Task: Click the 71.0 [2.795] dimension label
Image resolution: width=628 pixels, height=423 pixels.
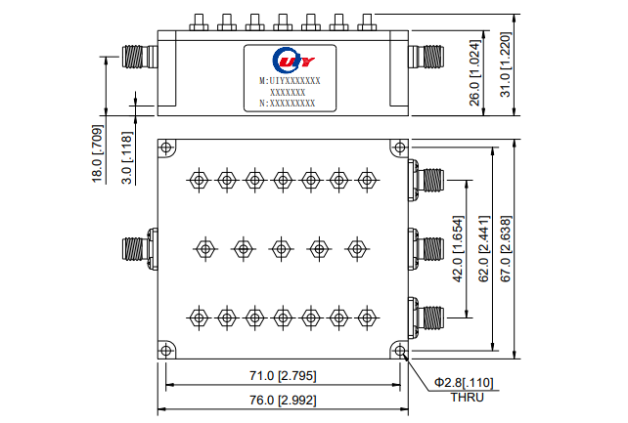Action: click(283, 376)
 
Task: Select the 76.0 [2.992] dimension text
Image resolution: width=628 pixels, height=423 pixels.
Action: click(283, 401)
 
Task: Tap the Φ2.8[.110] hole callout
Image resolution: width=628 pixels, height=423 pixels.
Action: click(465, 382)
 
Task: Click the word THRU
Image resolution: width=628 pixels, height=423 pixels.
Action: click(467, 397)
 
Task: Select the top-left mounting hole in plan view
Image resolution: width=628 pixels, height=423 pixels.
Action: click(167, 148)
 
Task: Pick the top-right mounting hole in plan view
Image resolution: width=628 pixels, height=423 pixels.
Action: click(398, 148)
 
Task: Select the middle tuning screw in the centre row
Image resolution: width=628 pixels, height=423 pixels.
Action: click(281, 248)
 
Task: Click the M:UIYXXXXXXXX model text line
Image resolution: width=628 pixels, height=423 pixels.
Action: click(290, 81)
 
